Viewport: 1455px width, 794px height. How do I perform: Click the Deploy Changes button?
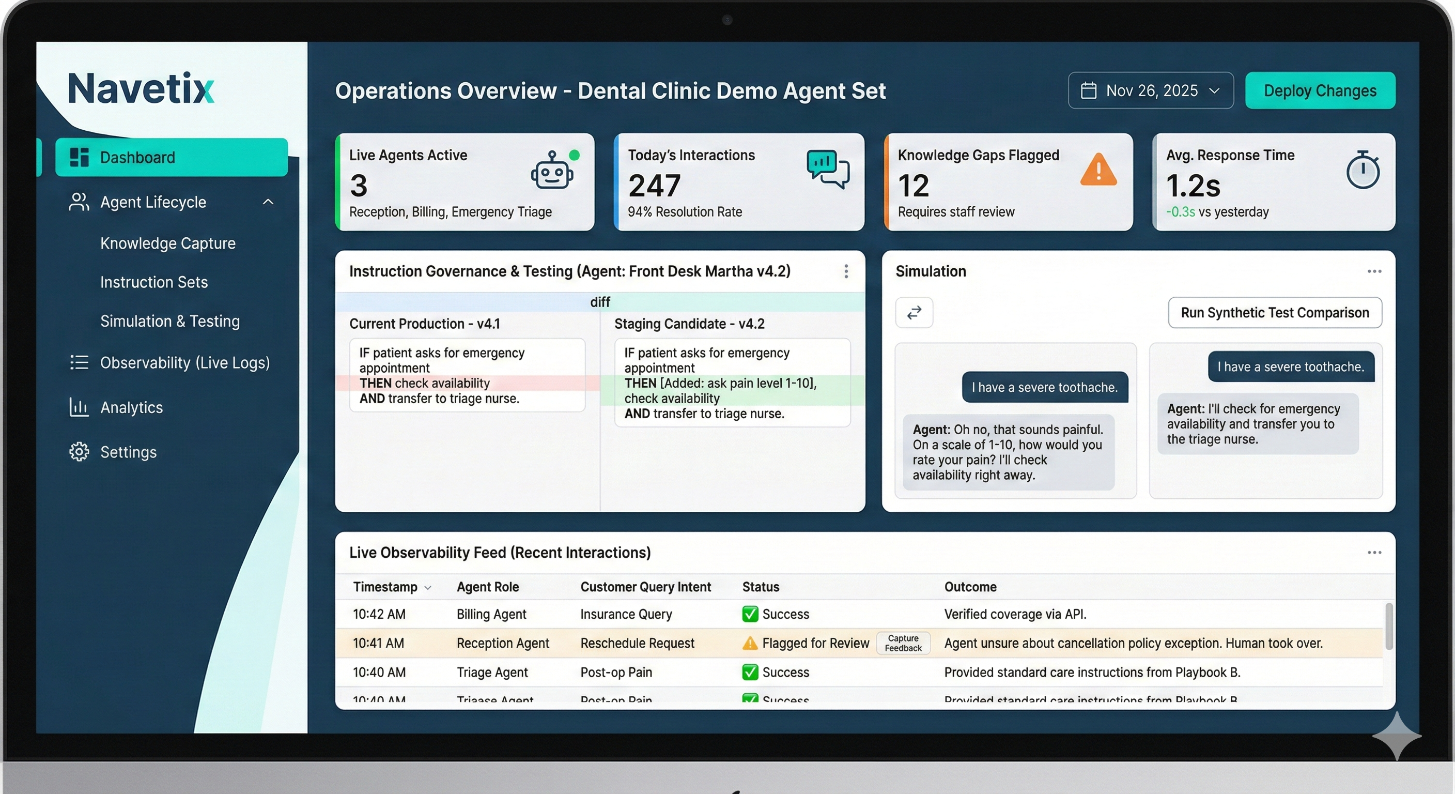pyautogui.click(x=1320, y=90)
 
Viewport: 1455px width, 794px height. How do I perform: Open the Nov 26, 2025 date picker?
pyautogui.click(x=1150, y=90)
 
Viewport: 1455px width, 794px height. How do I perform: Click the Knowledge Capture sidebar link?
pyautogui.click(x=168, y=243)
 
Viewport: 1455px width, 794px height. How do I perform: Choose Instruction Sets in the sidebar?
pyautogui.click(x=153, y=282)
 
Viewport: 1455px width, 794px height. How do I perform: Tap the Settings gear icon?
pyautogui.click(x=79, y=452)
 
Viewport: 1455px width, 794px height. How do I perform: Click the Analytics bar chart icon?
pyautogui.click(x=79, y=407)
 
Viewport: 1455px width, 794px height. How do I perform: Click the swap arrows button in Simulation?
pyautogui.click(x=914, y=313)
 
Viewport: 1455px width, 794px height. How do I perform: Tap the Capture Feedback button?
pyautogui.click(x=903, y=643)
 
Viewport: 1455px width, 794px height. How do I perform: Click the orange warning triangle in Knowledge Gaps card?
pyautogui.click(x=1098, y=170)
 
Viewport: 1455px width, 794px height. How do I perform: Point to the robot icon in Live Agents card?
pyautogui.click(x=552, y=170)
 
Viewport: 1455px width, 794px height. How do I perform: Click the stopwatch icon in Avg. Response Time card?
pyautogui.click(x=1363, y=170)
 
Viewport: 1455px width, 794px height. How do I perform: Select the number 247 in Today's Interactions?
pyautogui.click(x=654, y=186)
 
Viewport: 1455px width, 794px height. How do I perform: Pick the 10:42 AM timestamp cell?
pyautogui.click(x=379, y=614)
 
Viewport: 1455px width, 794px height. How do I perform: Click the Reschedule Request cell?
pyautogui.click(x=637, y=643)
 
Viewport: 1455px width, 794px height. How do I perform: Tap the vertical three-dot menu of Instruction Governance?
pyautogui.click(x=845, y=271)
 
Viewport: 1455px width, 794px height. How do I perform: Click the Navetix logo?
pyautogui.click(x=141, y=89)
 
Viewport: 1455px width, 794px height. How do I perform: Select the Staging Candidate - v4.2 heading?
pyautogui.click(x=689, y=324)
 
